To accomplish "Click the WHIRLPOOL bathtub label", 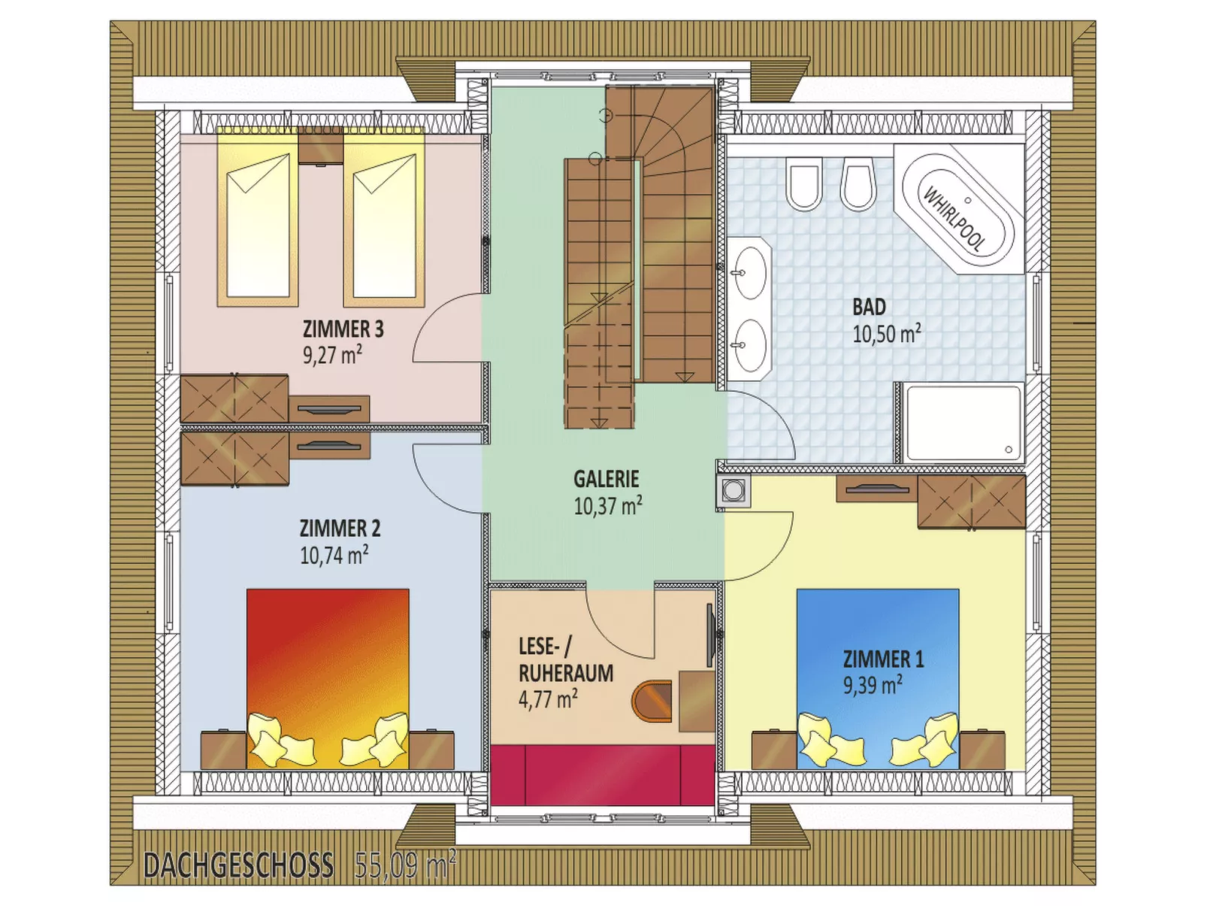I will [x=954, y=219].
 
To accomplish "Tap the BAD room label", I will [x=869, y=307].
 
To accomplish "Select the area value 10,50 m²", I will [x=886, y=334].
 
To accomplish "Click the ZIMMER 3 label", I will [x=343, y=329].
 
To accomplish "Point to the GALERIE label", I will [x=606, y=479].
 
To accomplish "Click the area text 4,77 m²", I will [x=548, y=699].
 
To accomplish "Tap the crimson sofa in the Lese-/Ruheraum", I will [x=601, y=774].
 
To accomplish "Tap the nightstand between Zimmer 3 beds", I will [x=320, y=145].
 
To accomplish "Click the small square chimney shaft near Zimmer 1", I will [x=732, y=489].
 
